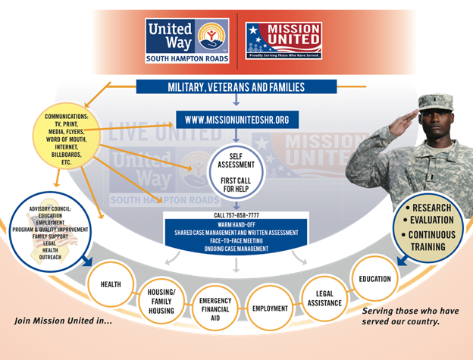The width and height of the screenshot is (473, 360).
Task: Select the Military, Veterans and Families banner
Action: click(236, 87)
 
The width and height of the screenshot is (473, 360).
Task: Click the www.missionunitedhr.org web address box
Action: click(236, 120)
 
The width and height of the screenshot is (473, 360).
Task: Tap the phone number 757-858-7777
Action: click(236, 215)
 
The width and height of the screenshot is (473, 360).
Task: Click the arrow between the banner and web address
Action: click(236, 102)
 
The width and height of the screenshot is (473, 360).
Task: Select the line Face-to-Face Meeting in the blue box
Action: click(236, 240)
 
